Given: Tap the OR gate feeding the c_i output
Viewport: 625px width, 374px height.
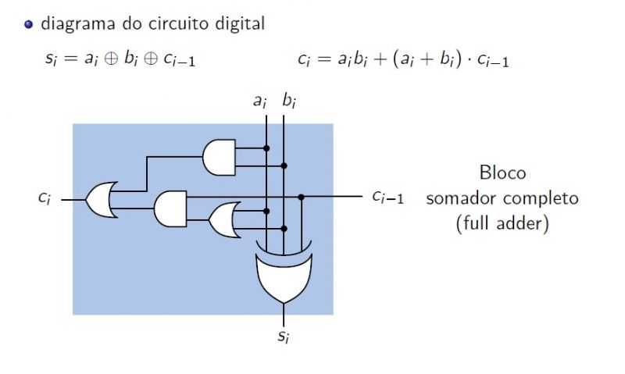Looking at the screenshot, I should coord(101,200).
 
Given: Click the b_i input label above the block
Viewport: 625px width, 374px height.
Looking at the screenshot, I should coord(288,101).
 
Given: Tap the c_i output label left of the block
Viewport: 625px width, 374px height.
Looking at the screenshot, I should coord(45,198).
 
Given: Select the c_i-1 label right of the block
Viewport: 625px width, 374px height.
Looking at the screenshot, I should coord(387,197).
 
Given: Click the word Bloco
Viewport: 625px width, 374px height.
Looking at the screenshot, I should coord(502,173).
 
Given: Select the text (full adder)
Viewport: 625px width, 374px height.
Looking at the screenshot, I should coord(502,224).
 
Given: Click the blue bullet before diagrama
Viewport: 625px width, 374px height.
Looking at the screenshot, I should coord(29,24).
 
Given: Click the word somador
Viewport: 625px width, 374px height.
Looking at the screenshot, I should coord(461,198).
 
